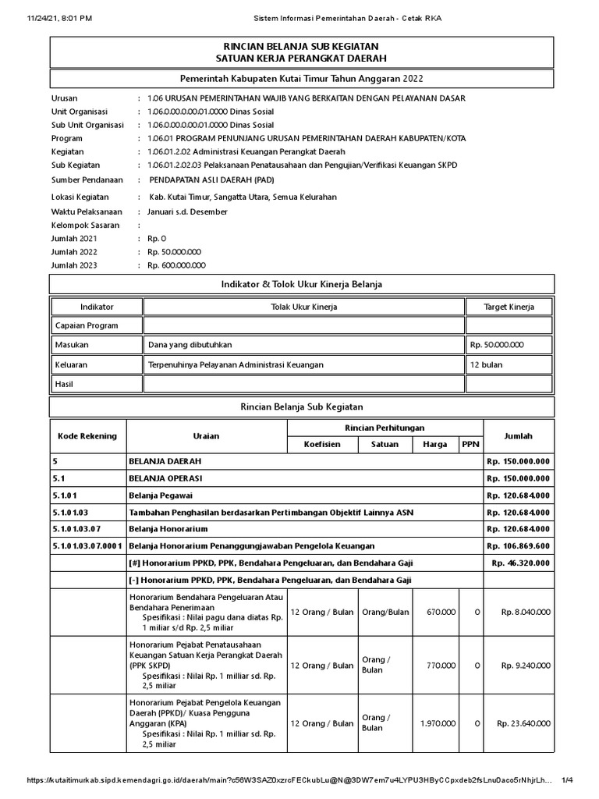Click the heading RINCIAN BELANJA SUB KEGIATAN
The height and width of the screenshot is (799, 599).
point(301,47)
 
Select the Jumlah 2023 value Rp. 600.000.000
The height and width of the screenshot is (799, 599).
point(174,265)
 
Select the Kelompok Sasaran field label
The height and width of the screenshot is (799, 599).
point(86,225)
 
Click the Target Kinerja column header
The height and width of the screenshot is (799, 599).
point(509,307)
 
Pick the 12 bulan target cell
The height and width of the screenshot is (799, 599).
point(485,364)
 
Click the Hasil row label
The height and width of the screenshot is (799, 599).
point(64,384)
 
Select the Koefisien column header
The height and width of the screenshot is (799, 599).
point(323,444)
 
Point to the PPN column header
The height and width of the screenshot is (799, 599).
point(470,444)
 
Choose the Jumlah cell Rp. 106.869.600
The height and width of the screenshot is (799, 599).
point(518,545)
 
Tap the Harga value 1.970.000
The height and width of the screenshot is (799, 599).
point(438,723)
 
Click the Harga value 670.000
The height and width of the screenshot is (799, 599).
point(441,612)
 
